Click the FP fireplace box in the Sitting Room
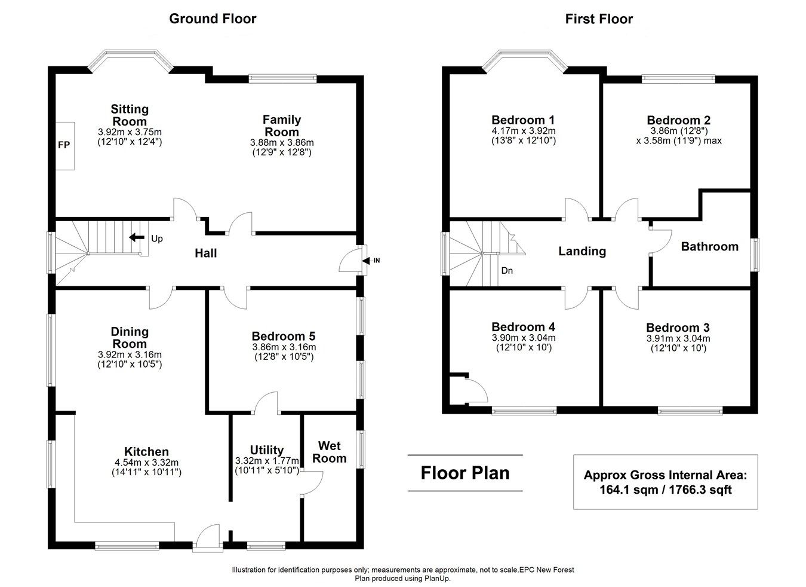click(64, 145)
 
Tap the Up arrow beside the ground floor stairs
click(137, 238)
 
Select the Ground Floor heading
click(213, 19)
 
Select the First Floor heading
click(599, 19)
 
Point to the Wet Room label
click(332, 452)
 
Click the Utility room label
click(267, 450)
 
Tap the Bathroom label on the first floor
click(709, 246)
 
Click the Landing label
click(582, 251)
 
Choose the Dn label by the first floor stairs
click(507, 270)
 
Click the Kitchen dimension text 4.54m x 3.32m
click(146, 462)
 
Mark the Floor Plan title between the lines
click(465, 473)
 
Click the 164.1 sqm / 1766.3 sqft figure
click(665, 490)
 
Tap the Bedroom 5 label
click(283, 336)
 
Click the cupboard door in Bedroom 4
click(478, 392)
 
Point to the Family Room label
click(282, 126)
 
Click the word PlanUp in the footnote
click(436, 578)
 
